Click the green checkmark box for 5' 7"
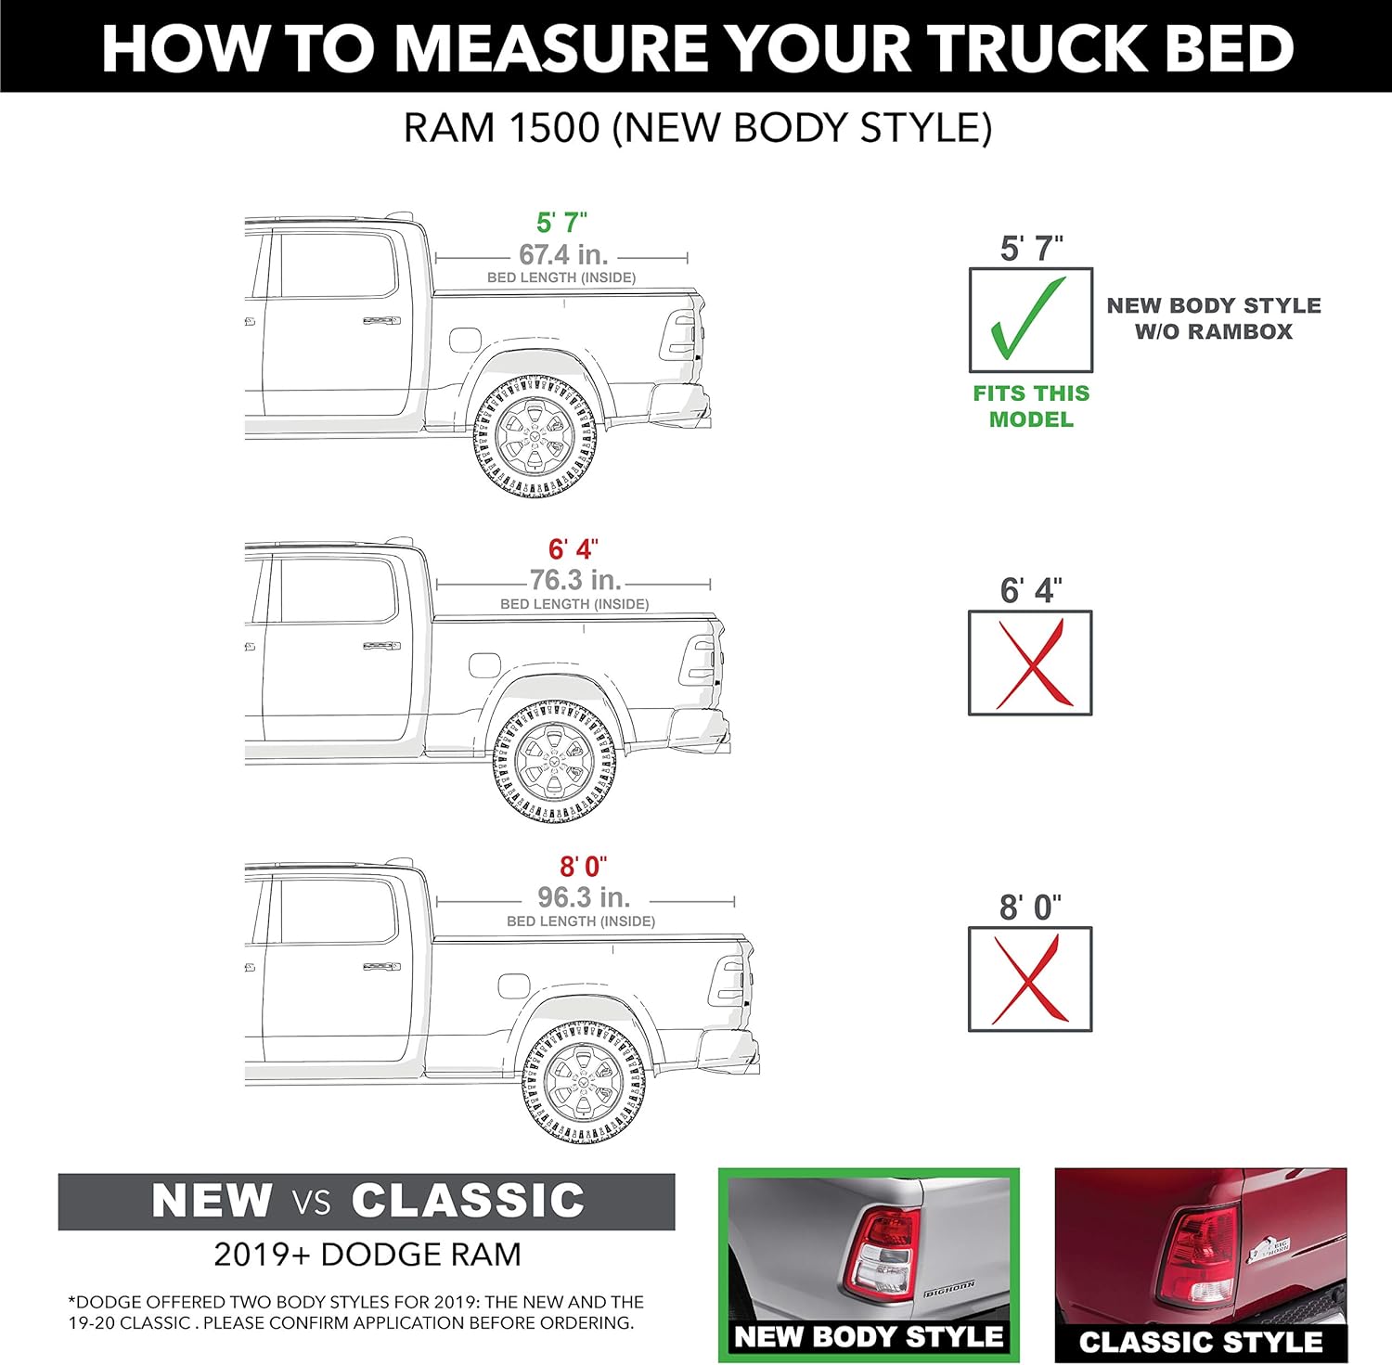[x=1030, y=320]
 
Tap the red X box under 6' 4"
[x=1030, y=663]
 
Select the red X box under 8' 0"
[x=1030, y=979]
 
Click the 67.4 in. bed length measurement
[x=562, y=254]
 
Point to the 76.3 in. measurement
[x=575, y=580]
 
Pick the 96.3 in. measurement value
[x=584, y=897]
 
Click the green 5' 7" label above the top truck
[x=561, y=223]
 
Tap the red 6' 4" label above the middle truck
[x=573, y=549]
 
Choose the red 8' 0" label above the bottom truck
[x=583, y=867]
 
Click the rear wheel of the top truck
[x=535, y=435]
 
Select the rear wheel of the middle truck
[x=554, y=762]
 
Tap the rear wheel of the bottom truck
[x=584, y=1082]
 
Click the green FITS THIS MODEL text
[x=1031, y=406]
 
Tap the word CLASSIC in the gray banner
[x=468, y=1201]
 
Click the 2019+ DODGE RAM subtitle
[x=367, y=1255]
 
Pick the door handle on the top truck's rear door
[x=381, y=321]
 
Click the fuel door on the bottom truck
[x=513, y=985]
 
